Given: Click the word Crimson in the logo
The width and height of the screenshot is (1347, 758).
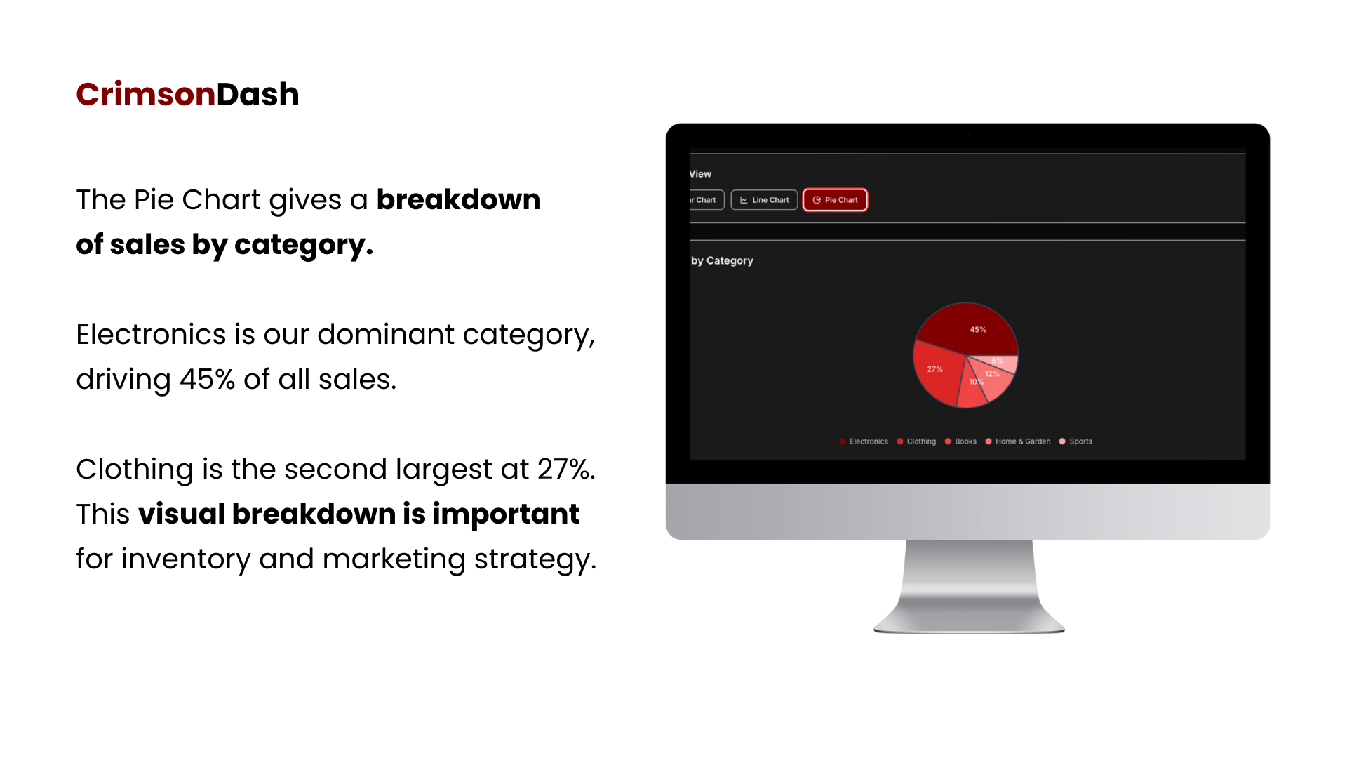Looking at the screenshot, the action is coord(145,95).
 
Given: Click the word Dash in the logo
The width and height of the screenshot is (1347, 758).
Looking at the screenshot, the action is coord(257,95).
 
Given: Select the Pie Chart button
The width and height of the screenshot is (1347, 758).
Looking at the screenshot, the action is coord(835,200).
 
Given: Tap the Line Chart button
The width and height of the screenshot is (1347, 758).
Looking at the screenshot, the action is coord(764,200).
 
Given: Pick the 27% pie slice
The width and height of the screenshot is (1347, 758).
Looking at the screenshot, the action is coord(937,372).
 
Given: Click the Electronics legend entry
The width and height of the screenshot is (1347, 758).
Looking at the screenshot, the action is coord(864,441).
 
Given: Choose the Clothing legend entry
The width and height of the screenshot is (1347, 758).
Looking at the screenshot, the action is coord(916,441).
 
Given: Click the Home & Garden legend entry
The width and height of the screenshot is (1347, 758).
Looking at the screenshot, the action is coord(1018,441).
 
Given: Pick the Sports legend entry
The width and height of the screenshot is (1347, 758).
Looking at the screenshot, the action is coord(1075,441).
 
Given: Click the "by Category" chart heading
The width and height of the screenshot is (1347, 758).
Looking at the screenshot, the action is coord(722,260).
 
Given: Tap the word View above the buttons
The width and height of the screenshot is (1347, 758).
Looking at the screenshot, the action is coord(700,174).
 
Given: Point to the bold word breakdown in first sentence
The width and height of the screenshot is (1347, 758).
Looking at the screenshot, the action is coord(458,200).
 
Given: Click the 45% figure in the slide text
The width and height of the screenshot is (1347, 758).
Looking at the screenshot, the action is coord(207,380).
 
